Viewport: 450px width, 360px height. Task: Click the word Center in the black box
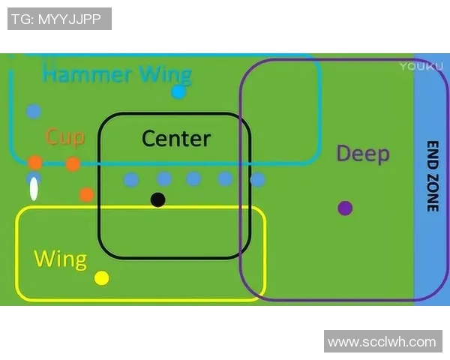[176, 139]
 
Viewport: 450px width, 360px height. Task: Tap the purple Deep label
[362, 154]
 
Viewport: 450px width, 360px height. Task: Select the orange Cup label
[65, 136]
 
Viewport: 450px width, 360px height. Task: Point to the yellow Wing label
[60, 259]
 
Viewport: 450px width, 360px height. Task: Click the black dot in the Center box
[157, 199]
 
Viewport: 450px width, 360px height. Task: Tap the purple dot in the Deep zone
[345, 208]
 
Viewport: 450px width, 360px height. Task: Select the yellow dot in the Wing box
[102, 278]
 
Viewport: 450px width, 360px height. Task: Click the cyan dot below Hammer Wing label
[178, 92]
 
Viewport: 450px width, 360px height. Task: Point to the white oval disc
[34, 189]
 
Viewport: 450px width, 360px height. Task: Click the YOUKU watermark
[416, 66]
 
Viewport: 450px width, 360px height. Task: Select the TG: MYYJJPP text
[59, 19]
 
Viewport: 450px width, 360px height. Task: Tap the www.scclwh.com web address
[382, 342]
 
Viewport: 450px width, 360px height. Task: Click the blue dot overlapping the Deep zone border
[257, 180]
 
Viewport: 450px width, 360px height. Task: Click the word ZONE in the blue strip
[433, 193]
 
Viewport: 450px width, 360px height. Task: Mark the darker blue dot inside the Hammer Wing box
[34, 112]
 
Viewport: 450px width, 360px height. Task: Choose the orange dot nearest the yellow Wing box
[86, 195]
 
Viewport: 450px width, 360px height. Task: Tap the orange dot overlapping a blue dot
[35, 163]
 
